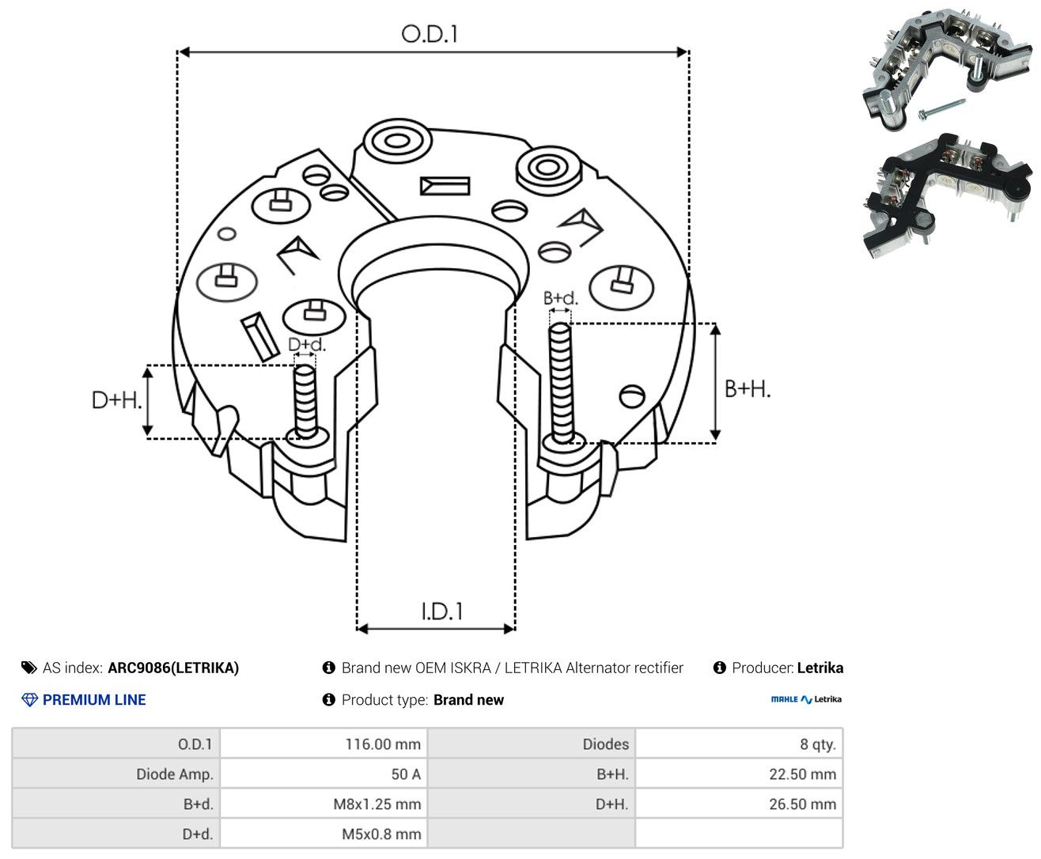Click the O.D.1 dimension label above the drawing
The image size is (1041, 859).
[x=430, y=34]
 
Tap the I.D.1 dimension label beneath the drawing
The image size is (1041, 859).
[x=442, y=611]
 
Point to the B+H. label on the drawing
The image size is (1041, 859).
[x=747, y=389]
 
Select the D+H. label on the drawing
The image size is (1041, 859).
[x=116, y=400]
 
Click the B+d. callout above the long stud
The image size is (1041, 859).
[x=560, y=298]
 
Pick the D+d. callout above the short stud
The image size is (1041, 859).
[x=307, y=344]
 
